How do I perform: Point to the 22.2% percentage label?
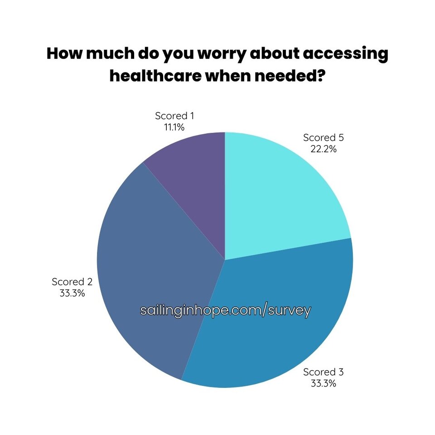[324, 149]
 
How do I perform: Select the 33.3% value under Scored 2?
[72, 293]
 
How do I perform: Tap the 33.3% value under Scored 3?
[324, 383]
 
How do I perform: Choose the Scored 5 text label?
[324, 137]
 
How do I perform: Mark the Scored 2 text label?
[72, 281]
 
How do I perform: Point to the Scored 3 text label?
[324, 372]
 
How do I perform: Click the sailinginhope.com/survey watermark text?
[226, 310]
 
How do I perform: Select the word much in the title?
[107, 54]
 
